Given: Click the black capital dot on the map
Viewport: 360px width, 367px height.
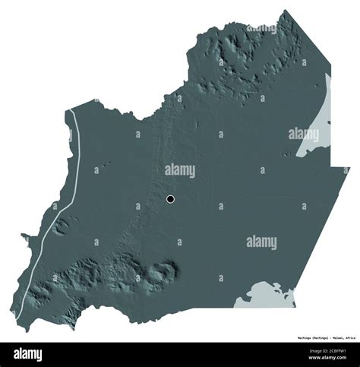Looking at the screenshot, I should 170,199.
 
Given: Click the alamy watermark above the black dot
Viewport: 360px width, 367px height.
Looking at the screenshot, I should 180,170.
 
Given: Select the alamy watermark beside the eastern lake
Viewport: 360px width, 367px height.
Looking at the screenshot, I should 303,134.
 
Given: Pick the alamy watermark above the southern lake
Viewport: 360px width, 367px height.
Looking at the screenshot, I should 261,242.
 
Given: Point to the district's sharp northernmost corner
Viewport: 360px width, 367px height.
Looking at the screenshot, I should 286,11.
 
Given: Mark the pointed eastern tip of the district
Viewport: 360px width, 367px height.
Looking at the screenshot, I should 349,168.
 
